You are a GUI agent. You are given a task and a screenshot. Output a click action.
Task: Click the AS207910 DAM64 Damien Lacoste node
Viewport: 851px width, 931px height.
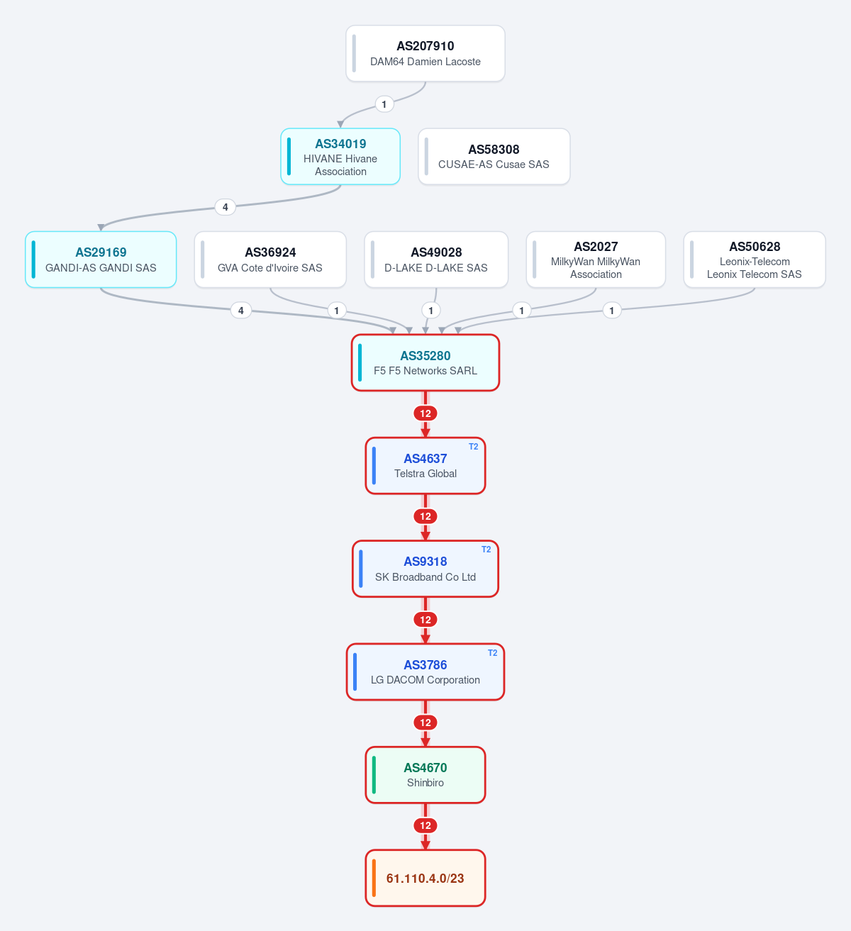click(425, 53)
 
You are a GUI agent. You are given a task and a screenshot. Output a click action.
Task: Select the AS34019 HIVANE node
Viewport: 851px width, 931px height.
click(340, 157)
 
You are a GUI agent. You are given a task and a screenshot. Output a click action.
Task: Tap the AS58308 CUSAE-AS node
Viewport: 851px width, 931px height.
click(494, 157)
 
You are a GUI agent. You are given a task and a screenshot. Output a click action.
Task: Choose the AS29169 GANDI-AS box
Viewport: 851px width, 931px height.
click(101, 260)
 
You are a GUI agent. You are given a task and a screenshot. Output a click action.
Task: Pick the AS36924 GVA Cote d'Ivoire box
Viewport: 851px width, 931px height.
click(270, 260)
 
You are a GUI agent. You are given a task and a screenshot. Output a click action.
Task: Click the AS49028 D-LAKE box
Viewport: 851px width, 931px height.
click(436, 260)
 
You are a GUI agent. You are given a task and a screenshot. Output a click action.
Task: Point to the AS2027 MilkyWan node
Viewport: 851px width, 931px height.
click(596, 260)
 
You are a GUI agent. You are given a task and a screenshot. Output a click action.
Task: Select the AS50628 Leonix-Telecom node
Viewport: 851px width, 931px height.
click(755, 260)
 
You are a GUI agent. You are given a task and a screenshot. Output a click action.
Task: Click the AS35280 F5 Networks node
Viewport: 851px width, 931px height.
click(425, 362)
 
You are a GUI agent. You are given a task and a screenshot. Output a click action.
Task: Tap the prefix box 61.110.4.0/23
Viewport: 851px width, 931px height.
click(425, 878)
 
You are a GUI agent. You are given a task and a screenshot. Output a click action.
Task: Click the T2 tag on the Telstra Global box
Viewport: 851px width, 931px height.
click(473, 447)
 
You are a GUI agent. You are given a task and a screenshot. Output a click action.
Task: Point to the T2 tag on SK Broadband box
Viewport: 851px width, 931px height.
click(486, 550)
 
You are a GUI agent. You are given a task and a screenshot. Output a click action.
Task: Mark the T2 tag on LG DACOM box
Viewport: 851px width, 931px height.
click(493, 653)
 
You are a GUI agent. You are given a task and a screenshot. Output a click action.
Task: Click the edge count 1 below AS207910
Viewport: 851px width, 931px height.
click(384, 104)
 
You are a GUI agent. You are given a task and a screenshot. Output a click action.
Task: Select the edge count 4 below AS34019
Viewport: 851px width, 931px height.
click(226, 207)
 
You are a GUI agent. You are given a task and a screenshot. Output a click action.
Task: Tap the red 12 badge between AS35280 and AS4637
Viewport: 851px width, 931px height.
click(425, 413)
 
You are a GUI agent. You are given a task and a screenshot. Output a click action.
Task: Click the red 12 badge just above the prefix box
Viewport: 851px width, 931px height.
click(425, 825)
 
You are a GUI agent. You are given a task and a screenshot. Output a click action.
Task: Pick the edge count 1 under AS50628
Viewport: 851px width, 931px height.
click(612, 311)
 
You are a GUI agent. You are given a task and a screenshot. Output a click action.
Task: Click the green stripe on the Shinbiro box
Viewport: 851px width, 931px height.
click(374, 775)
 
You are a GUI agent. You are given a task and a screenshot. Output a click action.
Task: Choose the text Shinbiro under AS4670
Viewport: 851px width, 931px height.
click(425, 783)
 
